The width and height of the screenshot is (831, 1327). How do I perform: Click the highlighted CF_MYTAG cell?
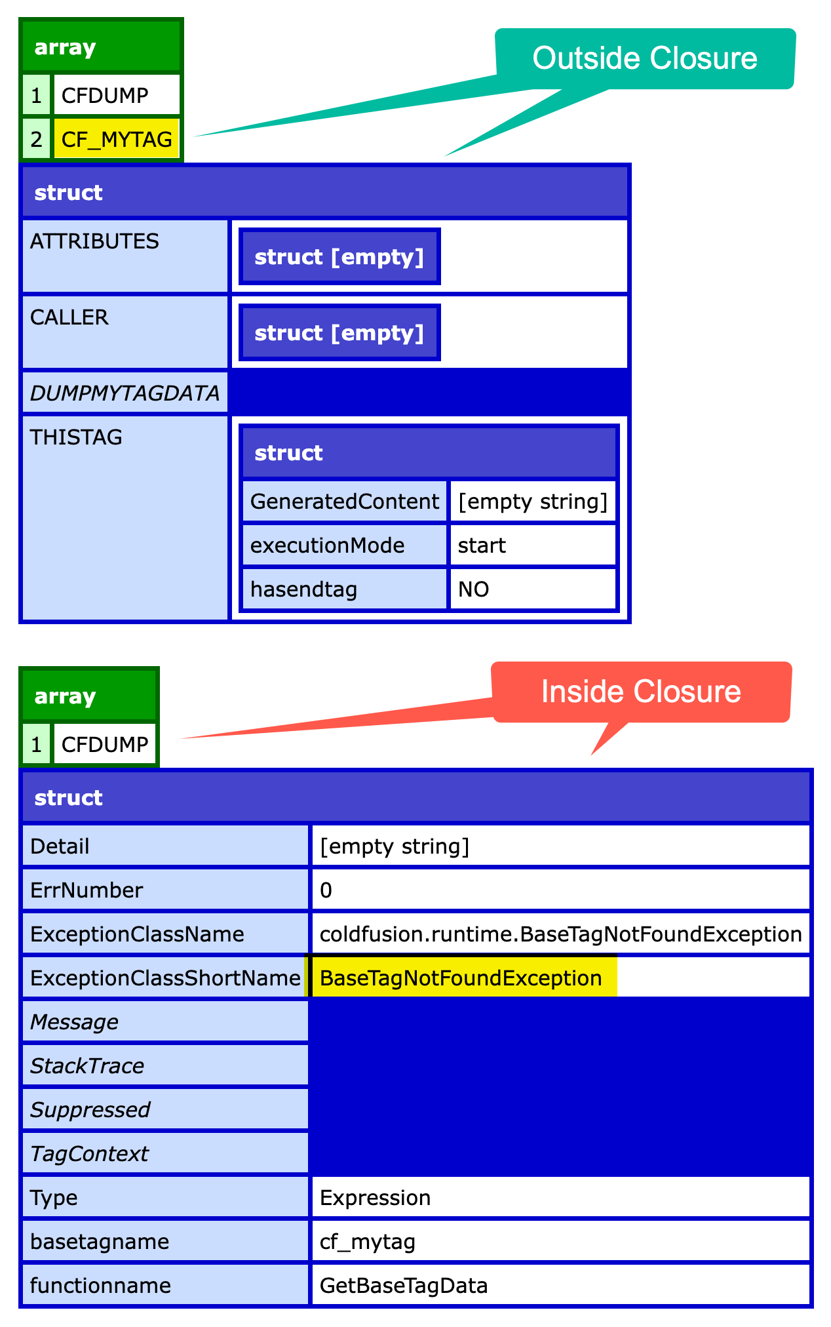tap(116, 139)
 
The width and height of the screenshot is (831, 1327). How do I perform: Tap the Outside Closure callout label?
tap(645, 58)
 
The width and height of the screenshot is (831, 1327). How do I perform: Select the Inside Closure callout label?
tap(641, 692)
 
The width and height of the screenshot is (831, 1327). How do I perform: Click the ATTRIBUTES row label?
tap(94, 241)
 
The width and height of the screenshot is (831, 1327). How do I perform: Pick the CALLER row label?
tap(69, 317)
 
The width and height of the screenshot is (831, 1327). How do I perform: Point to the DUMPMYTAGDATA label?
tap(125, 393)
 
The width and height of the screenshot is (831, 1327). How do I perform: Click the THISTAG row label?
tap(76, 437)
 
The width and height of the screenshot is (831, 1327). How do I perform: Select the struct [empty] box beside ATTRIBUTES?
tap(339, 256)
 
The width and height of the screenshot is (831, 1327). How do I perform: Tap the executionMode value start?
tap(482, 545)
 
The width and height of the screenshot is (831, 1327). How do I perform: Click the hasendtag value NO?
tap(473, 589)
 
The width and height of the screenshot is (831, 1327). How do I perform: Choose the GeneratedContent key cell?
tap(344, 502)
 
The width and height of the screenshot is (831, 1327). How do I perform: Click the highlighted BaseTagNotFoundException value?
tap(461, 978)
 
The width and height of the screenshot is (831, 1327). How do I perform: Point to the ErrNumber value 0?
tap(326, 890)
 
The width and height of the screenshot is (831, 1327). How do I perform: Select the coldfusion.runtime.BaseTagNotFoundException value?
tap(560, 934)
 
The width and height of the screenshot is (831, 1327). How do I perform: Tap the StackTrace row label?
tap(87, 1065)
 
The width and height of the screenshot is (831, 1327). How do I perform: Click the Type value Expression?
tap(375, 1197)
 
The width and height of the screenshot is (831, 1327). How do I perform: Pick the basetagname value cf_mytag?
tap(367, 1241)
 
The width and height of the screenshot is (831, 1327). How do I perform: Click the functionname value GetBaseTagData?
tap(403, 1285)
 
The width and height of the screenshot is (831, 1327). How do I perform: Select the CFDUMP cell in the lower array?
tap(104, 744)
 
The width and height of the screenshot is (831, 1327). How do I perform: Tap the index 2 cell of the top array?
tap(37, 139)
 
